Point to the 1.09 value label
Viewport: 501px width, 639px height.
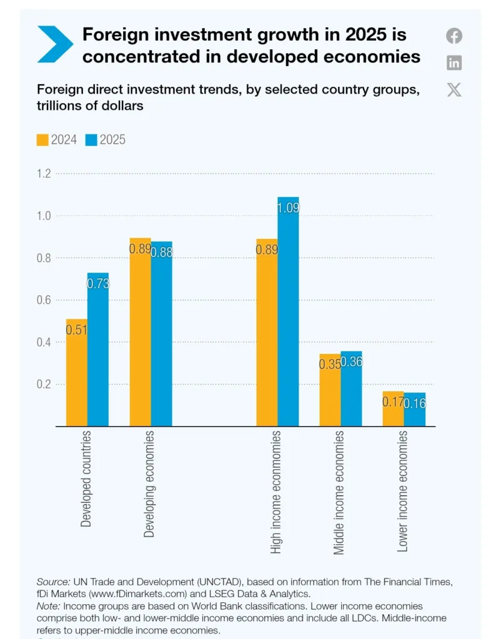pos(289,208)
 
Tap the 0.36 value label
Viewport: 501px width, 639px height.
pos(352,361)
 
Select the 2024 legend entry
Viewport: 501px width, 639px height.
pos(57,140)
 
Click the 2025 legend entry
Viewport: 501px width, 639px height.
pos(105,140)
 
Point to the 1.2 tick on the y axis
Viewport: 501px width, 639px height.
pos(44,173)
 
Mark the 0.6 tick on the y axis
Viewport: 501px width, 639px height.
pos(44,300)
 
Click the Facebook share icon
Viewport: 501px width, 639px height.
pos(454,36)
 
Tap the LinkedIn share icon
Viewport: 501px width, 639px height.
pos(454,62)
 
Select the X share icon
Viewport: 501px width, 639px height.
pos(454,90)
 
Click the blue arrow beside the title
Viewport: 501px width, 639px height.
pos(55,44)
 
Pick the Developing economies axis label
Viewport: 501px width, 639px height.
pos(149,484)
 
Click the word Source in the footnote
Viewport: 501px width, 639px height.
pos(53,582)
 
